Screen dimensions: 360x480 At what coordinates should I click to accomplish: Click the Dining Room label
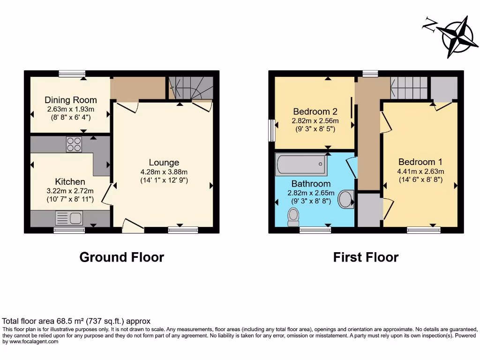pyautogui.click(x=71, y=100)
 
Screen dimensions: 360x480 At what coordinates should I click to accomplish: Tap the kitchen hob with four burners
pyautogui.click(x=74, y=144)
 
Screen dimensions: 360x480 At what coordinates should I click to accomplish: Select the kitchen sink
pyautogui.click(x=68, y=218)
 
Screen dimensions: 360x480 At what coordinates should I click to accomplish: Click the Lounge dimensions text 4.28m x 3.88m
pyautogui.click(x=164, y=172)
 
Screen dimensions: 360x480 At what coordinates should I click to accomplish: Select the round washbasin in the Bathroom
pyautogui.click(x=346, y=198)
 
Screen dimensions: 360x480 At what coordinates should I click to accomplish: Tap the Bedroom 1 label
pyautogui.click(x=420, y=162)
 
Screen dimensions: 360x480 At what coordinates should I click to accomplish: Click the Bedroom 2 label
pyautogui.click(x=315, y=112)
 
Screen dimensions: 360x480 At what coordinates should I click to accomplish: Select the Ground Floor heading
pyautogui.click(x=122, y=257)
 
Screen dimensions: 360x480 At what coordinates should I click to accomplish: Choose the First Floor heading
pyautogui.click(x=366, y=257)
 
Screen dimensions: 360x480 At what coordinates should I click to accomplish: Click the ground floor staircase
pyautogui.click(x=191, y=88)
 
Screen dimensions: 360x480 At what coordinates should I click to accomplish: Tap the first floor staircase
pyautogui.click(x=409, y=88)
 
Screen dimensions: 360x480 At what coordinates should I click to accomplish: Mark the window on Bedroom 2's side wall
pyautogui.click(x=271, y=130)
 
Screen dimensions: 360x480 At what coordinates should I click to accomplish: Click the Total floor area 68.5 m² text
pyautogui.click(x=76, y=322)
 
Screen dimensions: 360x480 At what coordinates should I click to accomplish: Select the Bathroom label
pyautogui.click(x=311, y=184)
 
